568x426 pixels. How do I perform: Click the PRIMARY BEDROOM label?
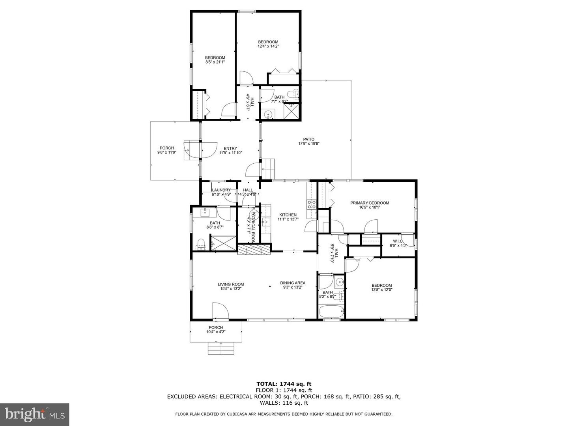tap(370, 203)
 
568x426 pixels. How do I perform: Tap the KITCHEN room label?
tap(288, 215)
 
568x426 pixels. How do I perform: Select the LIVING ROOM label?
tap(231, 284)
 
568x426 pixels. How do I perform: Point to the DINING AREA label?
tap(293, 283)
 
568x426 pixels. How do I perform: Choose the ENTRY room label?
tap(230, 149)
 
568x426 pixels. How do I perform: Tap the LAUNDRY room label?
tap(221, 190)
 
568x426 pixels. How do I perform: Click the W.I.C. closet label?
tap(397, 241)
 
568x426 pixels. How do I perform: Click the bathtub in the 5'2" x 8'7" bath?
tap(331, 312)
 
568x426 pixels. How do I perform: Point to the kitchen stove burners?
tap(311, 204)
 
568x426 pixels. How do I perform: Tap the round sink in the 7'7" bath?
tap(269, 115)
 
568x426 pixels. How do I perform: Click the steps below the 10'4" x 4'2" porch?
tap(221, 348)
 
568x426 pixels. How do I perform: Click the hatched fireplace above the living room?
tap(254, 250)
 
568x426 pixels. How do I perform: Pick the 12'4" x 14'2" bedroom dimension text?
tap(268, 46)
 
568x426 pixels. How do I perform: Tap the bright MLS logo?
tap(34, 414)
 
